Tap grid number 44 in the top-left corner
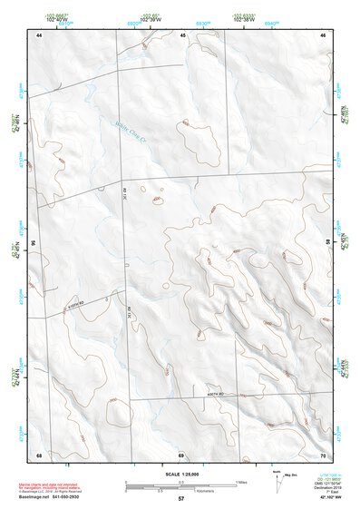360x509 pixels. coord(40,34)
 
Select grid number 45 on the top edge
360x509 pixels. coord(182,34)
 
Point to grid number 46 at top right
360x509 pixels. coord(323,34)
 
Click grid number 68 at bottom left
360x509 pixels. coord(40,454)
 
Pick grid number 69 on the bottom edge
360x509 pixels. coord(180,454)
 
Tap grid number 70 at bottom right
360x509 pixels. coord(323,454)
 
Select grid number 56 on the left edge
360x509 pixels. coord(34,243)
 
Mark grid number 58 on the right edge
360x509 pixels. coord(328,243)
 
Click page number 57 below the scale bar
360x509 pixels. coord(181,499)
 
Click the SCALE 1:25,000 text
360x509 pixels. coord(180,474)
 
